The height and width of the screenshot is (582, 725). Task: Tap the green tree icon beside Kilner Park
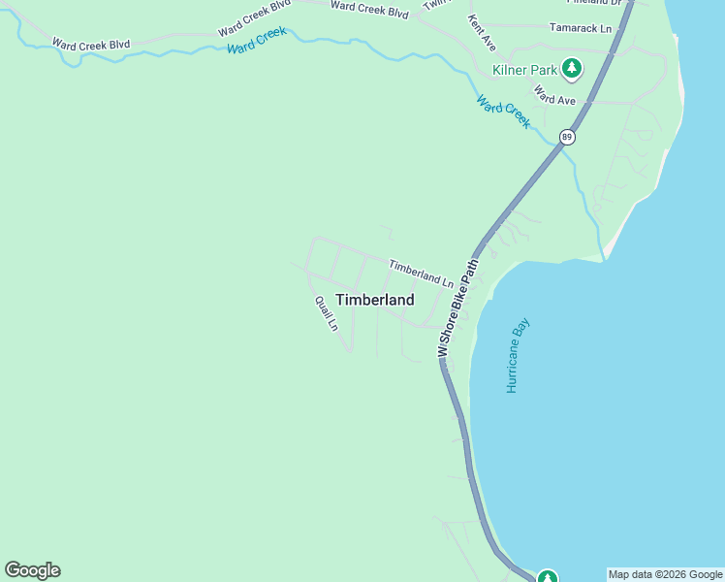573,67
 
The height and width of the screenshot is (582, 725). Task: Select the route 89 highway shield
567,137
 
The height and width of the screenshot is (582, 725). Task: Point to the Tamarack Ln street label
581,29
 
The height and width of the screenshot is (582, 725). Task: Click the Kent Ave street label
482,33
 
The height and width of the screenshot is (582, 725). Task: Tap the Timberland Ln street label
422,273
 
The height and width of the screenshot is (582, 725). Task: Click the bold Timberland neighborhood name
375,300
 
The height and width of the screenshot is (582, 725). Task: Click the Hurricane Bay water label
519,355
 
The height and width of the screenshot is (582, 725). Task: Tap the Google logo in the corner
32,570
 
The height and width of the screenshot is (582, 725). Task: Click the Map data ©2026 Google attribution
665,574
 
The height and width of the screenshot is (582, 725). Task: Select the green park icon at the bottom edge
548,577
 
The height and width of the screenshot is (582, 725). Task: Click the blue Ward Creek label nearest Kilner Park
503,111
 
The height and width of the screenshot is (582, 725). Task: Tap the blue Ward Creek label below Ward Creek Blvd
258,40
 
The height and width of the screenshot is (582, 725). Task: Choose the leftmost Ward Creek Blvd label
91,45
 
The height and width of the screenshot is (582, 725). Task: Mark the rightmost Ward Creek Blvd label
369,9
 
